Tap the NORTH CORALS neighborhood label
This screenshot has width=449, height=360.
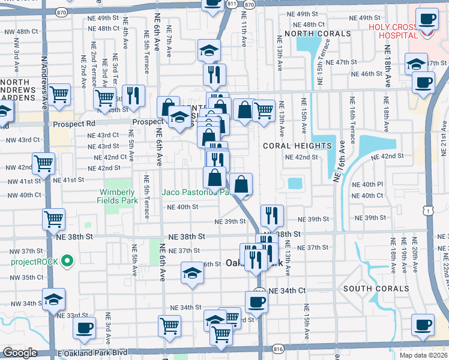click(x=318, y=33)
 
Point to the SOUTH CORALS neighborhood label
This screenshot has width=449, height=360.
click(x=372, y=289)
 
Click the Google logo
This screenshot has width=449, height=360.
click(x=19, y=353)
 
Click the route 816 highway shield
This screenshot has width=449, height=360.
click(x=277, y=348)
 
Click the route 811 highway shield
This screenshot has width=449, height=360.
click(x=231, y=4)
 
